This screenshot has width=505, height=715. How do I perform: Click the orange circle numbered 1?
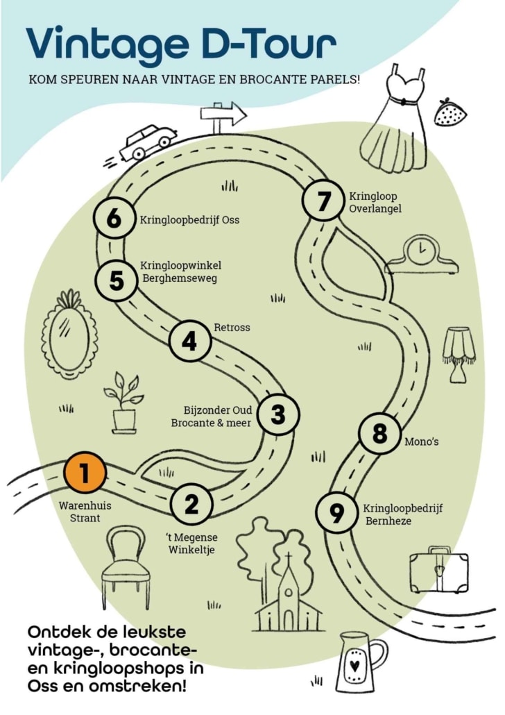[85, 473]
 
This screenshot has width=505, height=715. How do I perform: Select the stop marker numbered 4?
[189, 342]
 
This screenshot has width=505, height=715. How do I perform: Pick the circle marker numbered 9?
[336, 513]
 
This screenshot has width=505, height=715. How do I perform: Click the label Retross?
[232, 327]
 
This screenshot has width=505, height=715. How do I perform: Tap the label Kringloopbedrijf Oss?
[189, 220]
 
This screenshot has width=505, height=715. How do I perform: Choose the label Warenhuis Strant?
[85, 512]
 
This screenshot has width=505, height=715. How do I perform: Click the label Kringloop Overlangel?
[375, 202]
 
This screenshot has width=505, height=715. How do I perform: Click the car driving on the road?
[146, 142]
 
